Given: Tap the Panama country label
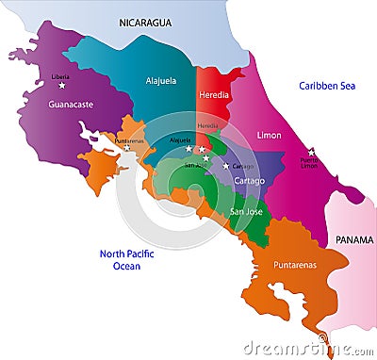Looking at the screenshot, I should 354,240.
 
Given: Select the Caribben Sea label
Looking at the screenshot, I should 325,86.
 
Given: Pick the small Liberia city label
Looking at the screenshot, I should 61,76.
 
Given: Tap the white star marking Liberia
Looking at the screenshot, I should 62,86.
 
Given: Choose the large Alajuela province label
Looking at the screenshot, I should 161,81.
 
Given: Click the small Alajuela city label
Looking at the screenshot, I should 180,140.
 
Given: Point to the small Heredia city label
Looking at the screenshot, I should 207,125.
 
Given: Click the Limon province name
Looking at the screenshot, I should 269,136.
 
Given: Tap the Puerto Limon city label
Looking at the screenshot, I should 310,162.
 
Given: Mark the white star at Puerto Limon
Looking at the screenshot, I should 311,151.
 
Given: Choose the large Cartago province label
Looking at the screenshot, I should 250,180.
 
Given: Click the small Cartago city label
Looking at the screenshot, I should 241,167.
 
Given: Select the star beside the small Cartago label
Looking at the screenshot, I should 225,167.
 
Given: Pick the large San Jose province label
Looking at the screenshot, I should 246,212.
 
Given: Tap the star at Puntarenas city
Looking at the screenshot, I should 127,148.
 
